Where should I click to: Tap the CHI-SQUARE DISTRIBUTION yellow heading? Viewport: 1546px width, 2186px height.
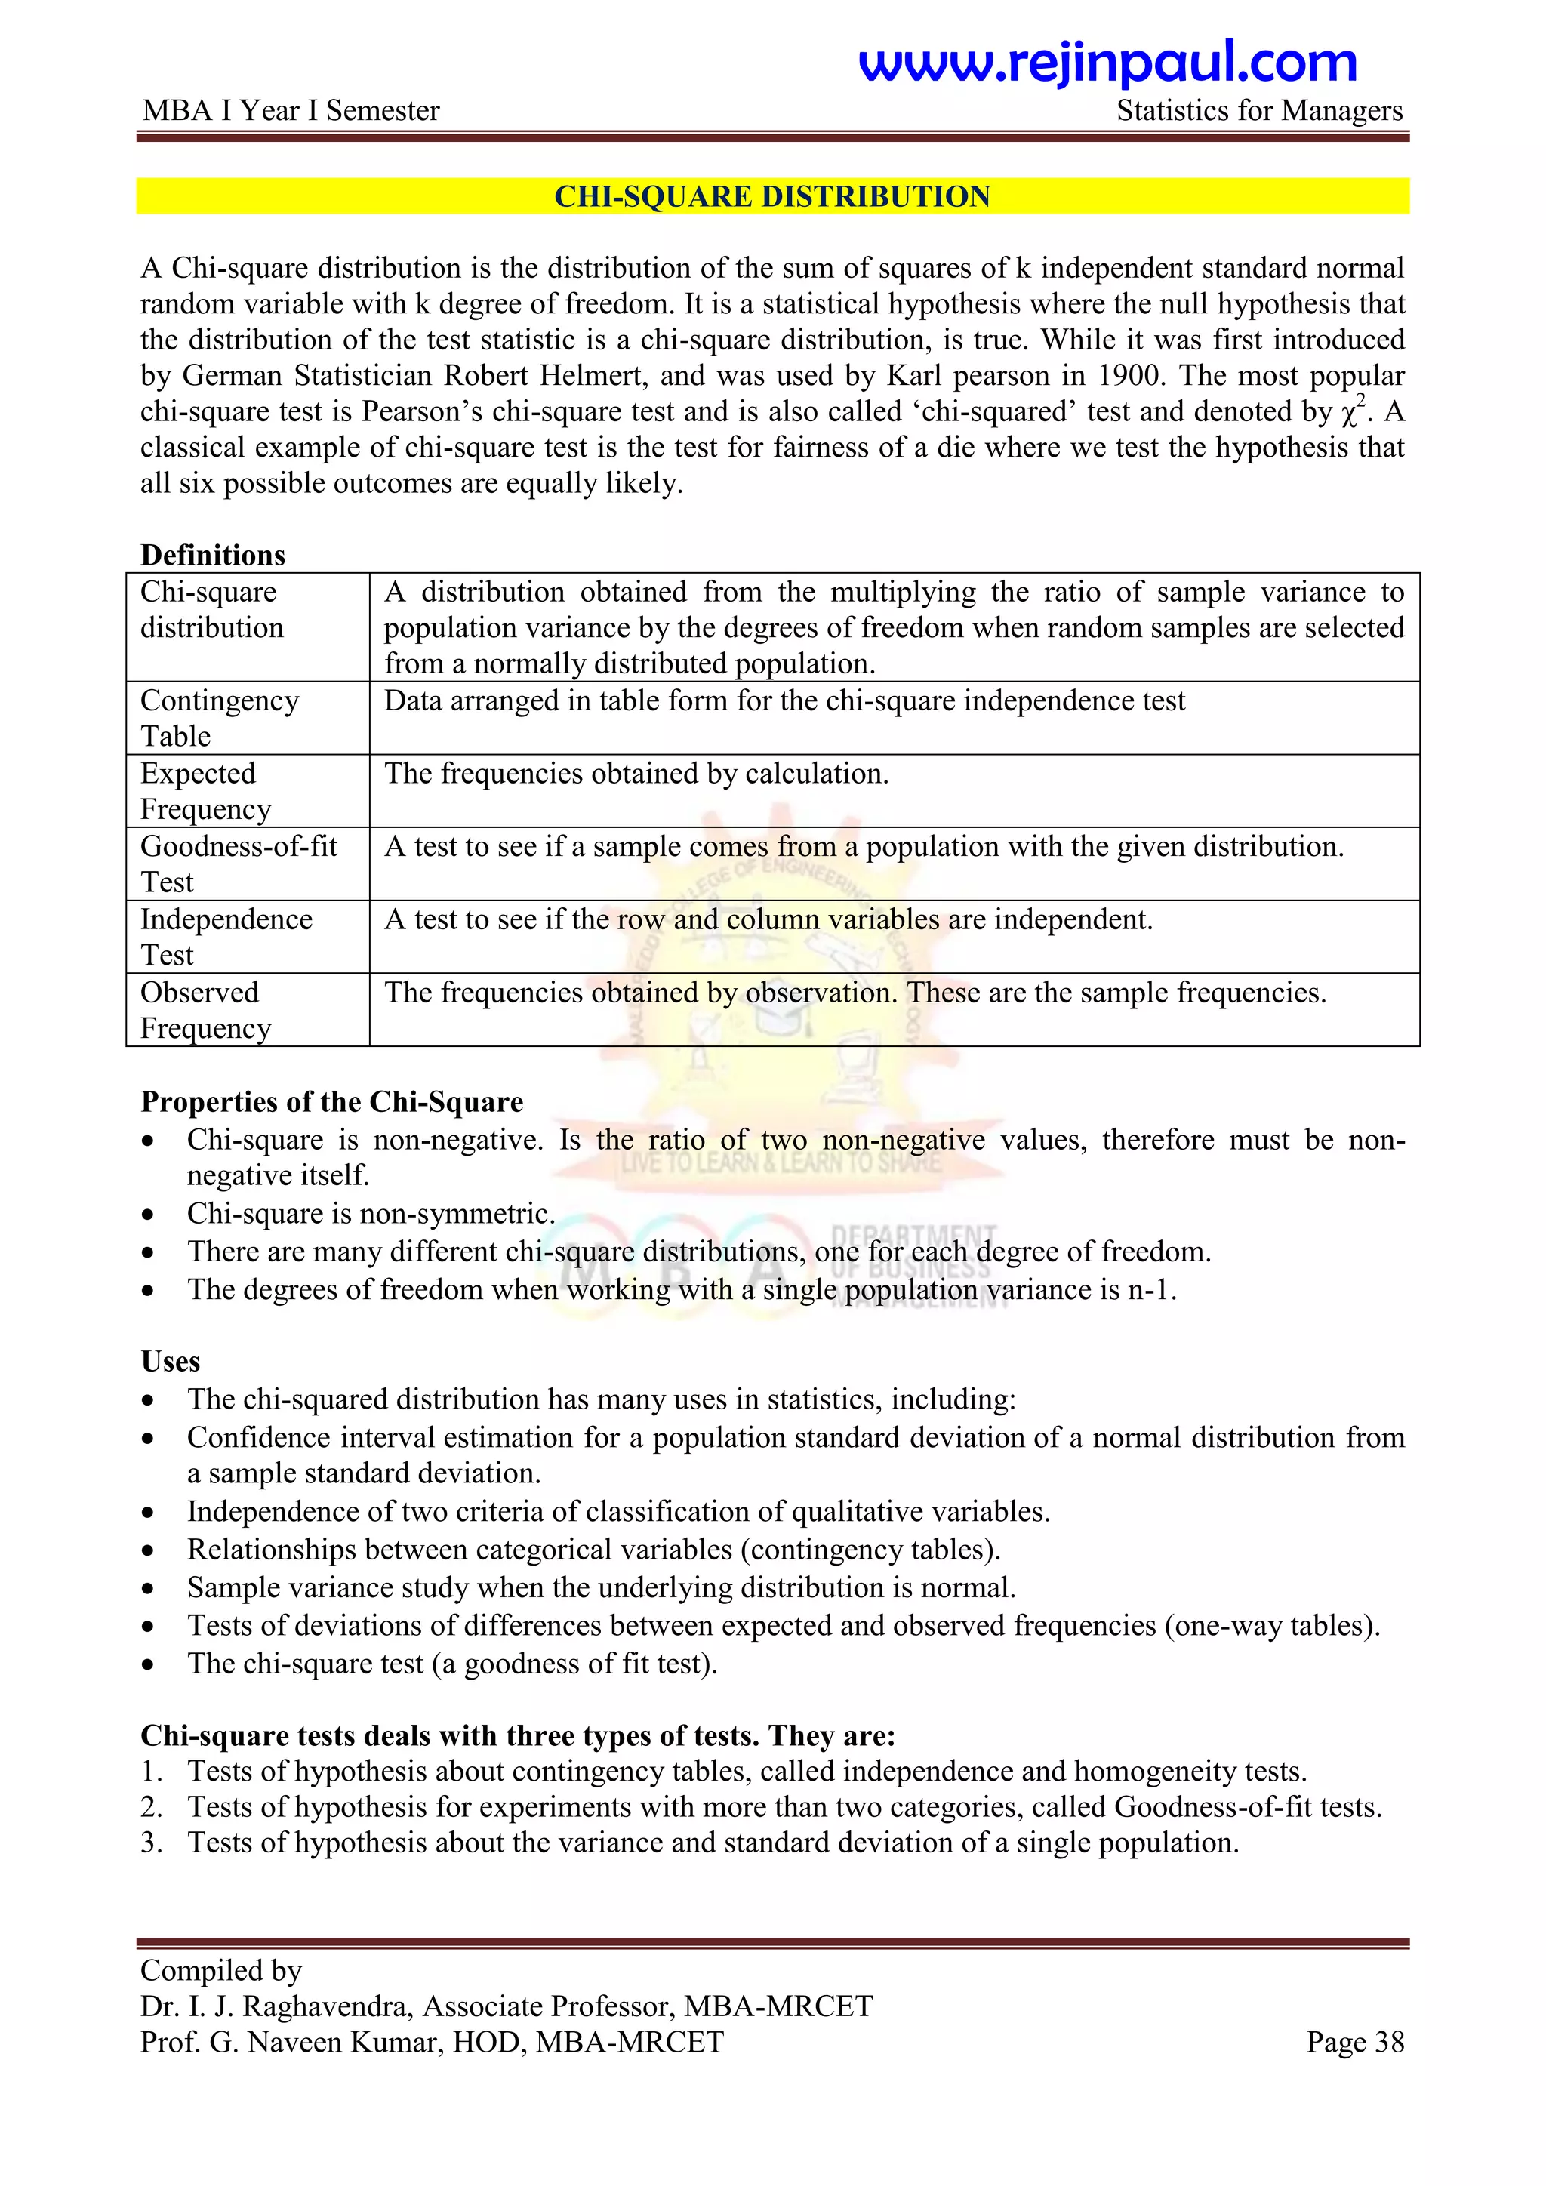click(772, 196)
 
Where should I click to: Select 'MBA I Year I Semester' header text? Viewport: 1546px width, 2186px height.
click(291, 112)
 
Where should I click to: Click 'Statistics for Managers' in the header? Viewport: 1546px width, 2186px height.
click(1258, 112)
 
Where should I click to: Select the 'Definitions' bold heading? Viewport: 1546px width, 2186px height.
click(212, 555)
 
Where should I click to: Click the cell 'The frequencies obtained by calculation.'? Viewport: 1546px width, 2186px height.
click(636, 774)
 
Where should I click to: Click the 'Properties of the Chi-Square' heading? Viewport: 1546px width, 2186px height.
click(331, 1101)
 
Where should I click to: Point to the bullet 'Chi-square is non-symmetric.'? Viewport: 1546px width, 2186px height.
click(371, 1214)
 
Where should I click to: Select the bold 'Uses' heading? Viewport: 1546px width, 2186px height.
click(171, 1362)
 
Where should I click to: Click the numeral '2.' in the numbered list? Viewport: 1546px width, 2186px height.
click(152, 1807)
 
